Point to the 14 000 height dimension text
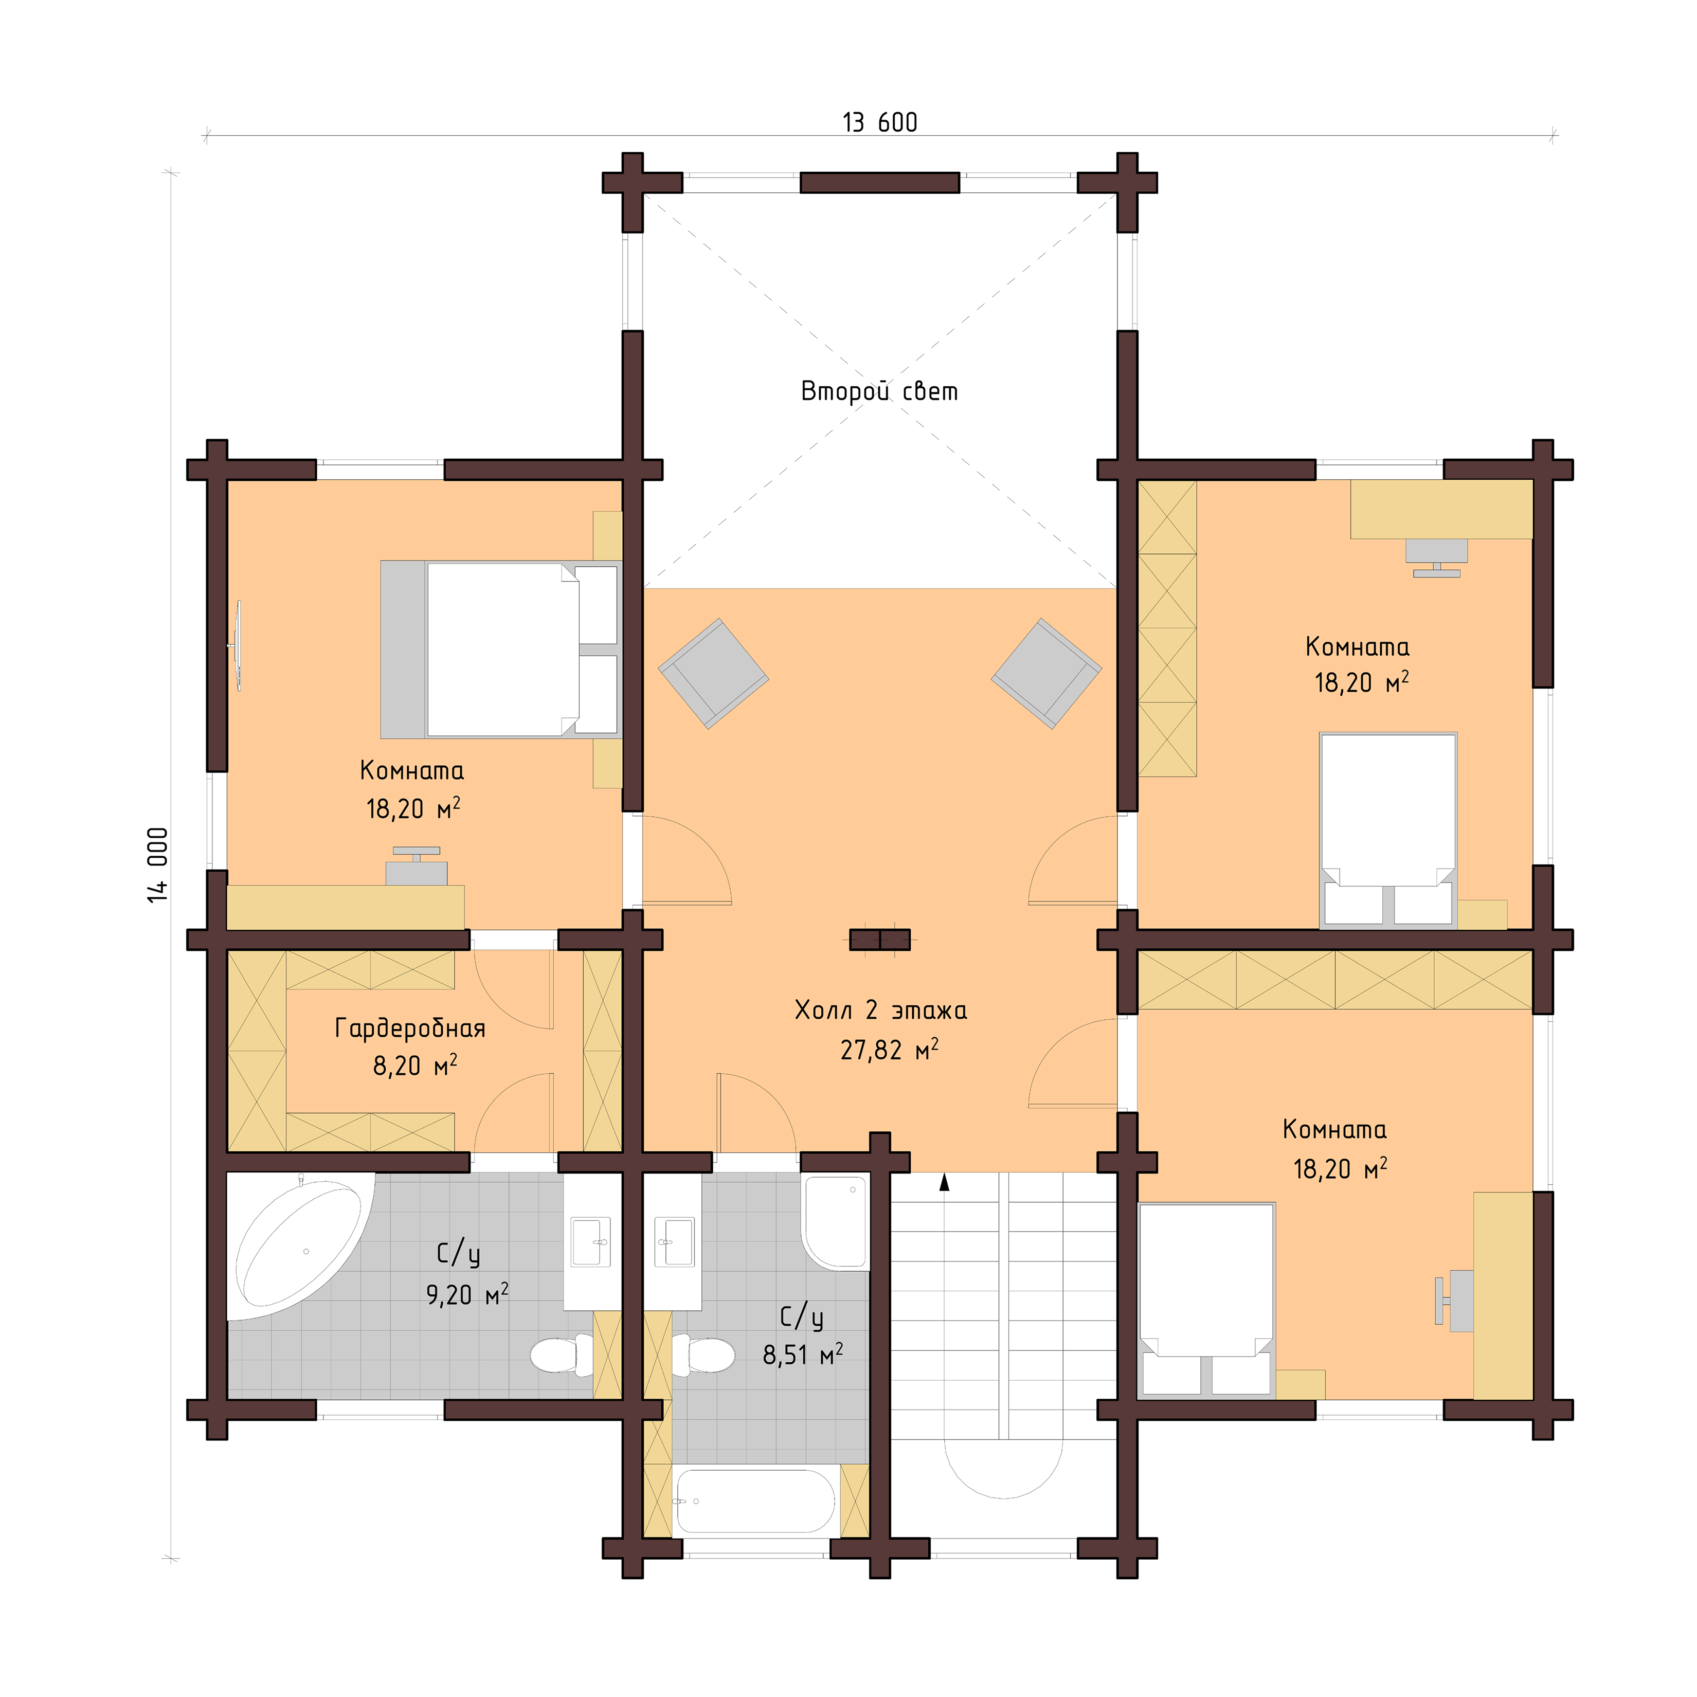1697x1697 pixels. pos(157,864)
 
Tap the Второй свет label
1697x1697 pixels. pos(879,391)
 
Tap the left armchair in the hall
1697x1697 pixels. pos(713,674)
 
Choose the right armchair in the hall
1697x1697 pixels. pos(1046,674)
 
